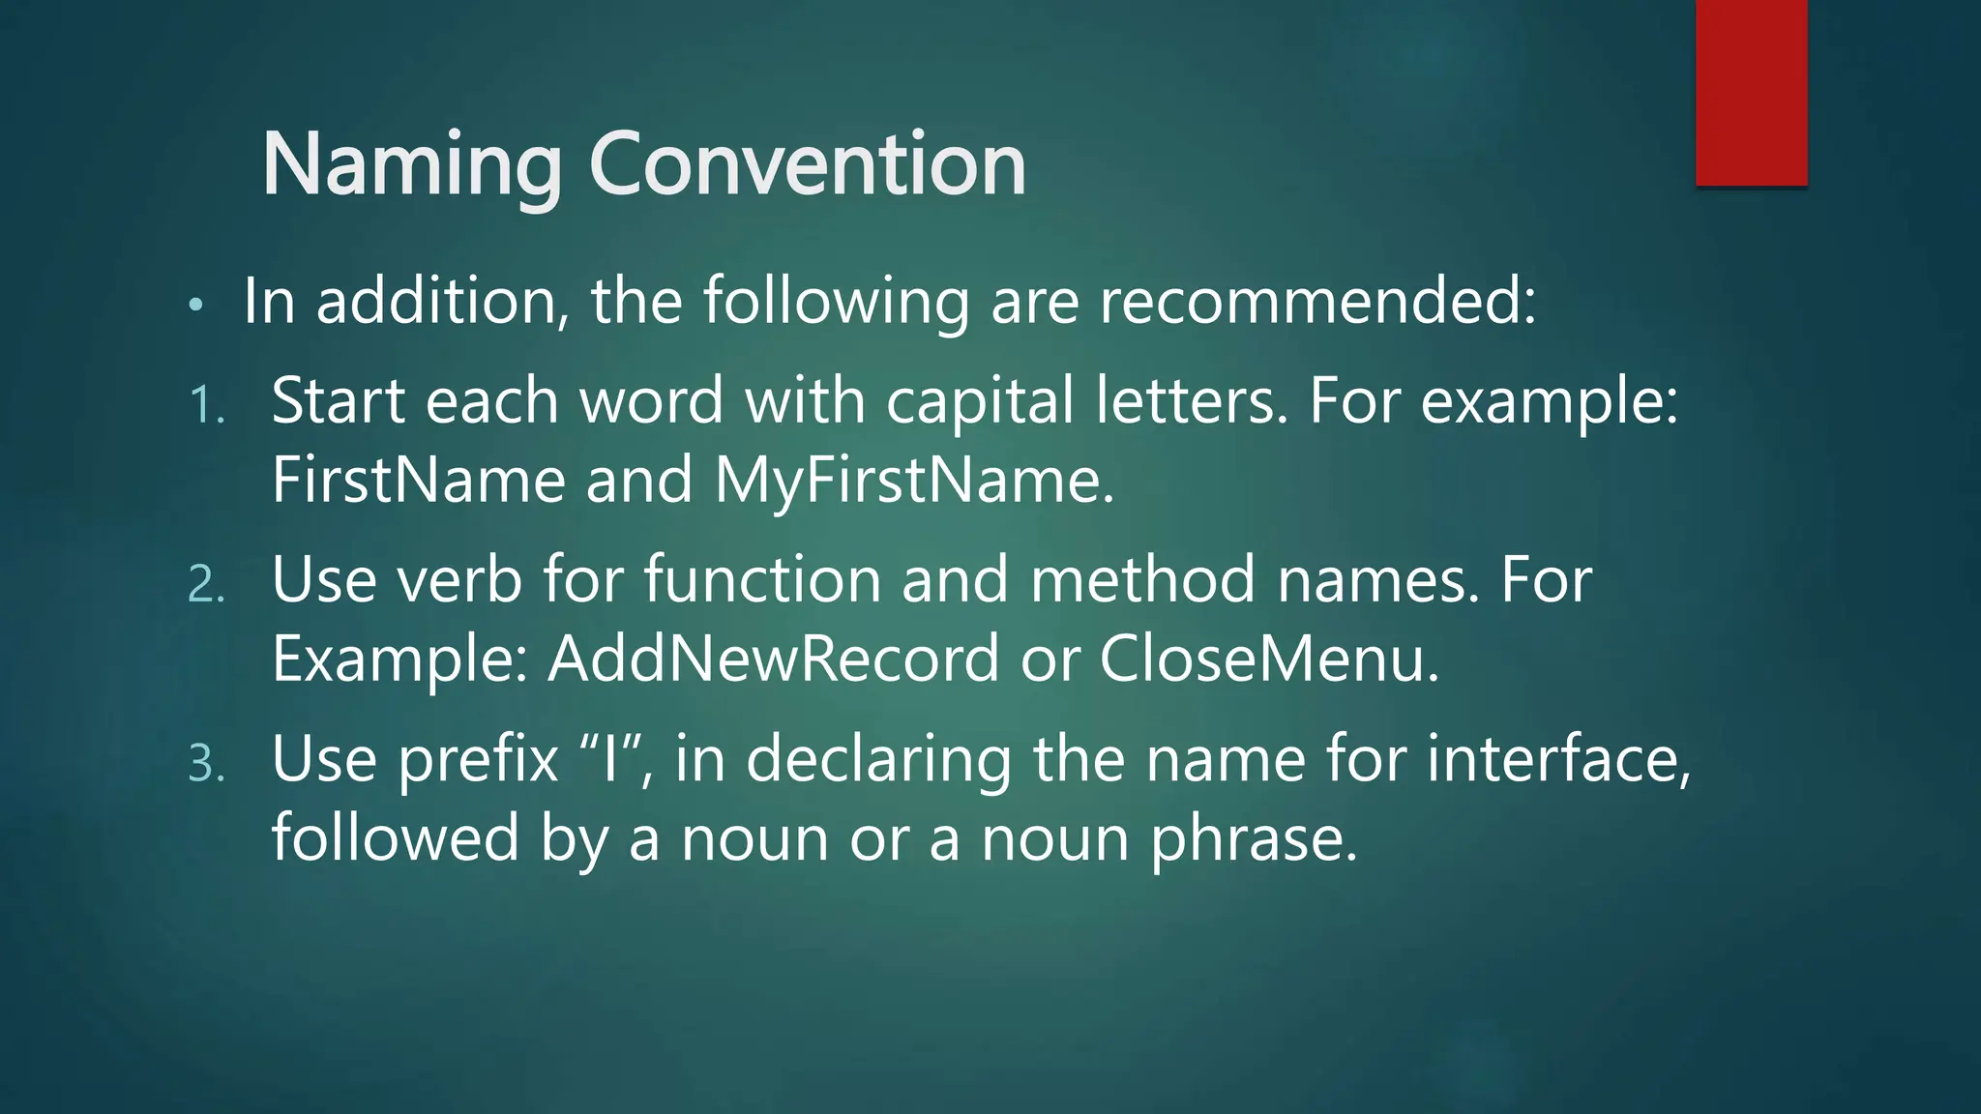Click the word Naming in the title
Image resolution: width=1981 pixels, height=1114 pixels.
tap(411, 166)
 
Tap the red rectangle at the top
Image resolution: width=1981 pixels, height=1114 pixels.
tap(1751, 93)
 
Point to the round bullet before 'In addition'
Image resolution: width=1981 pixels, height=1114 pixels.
tap(196, 306)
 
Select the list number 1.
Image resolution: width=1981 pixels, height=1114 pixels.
tap(206, 405)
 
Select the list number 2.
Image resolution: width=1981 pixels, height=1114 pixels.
tap(206, 585)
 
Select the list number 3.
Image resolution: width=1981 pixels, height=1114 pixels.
tap(206, 764)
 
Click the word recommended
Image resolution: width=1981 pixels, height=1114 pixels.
tap(1316, 301)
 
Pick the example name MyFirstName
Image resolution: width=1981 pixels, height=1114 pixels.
tap(913, 481)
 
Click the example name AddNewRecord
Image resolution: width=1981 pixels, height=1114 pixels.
tap(773, 660)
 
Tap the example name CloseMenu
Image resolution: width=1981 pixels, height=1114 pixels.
tap(1268, 660)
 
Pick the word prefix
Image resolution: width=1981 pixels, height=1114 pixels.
tap(479, 760)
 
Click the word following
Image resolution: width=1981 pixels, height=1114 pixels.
tap(836, 303)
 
